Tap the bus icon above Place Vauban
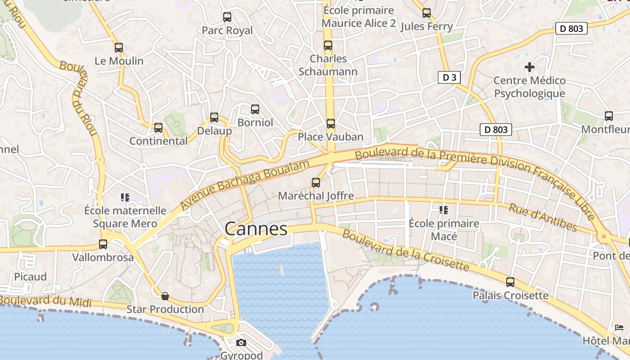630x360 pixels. click(x=331, y=123)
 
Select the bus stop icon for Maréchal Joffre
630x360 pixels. click(x=316, y=182)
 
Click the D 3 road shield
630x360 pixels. click(x=449, y=77)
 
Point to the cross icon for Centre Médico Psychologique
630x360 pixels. click(x=530, y=67)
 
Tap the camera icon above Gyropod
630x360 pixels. click(x=241, y=343)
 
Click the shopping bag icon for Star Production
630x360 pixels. click(x=165, y=296)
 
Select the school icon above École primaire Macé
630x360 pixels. click(x=444, y=210)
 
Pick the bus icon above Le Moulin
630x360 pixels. click(x=119, y=47)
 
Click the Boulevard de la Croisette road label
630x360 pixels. click(x=405, y=251)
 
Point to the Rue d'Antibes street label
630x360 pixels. click(x=543, y=217)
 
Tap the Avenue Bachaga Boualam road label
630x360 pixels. click(x=245, y=184)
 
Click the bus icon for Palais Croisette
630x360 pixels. click(x=510, y=282)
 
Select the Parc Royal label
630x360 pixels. click(x=227, y=31)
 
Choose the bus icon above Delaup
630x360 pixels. click(x=214, y=117)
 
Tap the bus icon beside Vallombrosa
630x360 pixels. click(x=103, y=244)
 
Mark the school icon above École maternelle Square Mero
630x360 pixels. click(x=125, y=197)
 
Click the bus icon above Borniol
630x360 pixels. click(x=255, y=109)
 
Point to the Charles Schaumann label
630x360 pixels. click(x=328, y=65)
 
